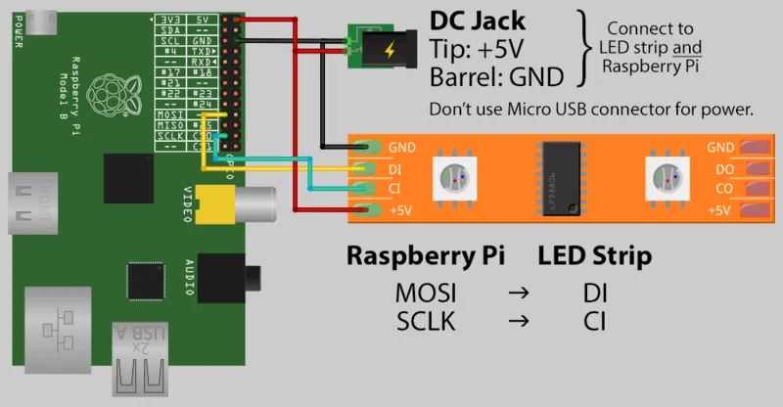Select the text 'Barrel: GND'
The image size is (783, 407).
click(x=496, y=75)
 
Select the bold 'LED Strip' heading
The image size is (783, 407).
click(x=595, y=257)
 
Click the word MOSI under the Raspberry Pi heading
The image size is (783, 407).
click(x=426, y=293)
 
